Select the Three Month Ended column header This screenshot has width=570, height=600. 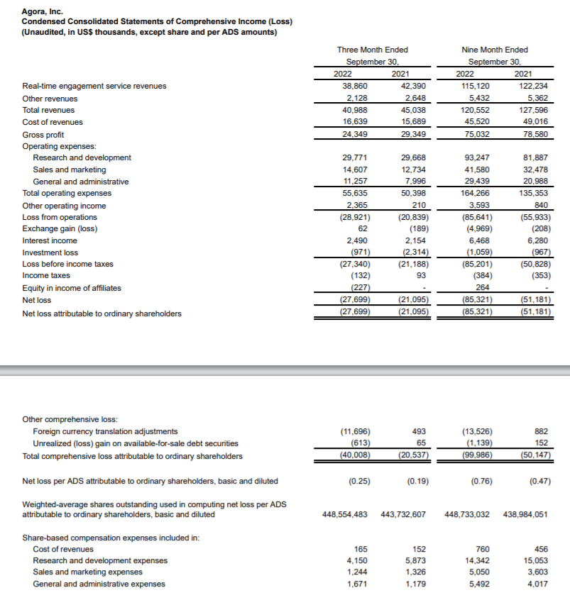[372, 50]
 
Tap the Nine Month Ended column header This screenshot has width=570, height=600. [494, 50]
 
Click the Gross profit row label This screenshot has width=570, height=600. [43, 135]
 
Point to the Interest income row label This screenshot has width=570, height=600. [50, 240]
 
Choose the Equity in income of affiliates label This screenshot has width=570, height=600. [72, 287]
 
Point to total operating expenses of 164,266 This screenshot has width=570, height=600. [474, 194]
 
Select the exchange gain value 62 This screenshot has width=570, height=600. [363, 229]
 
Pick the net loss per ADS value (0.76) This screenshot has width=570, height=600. [479, 482]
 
